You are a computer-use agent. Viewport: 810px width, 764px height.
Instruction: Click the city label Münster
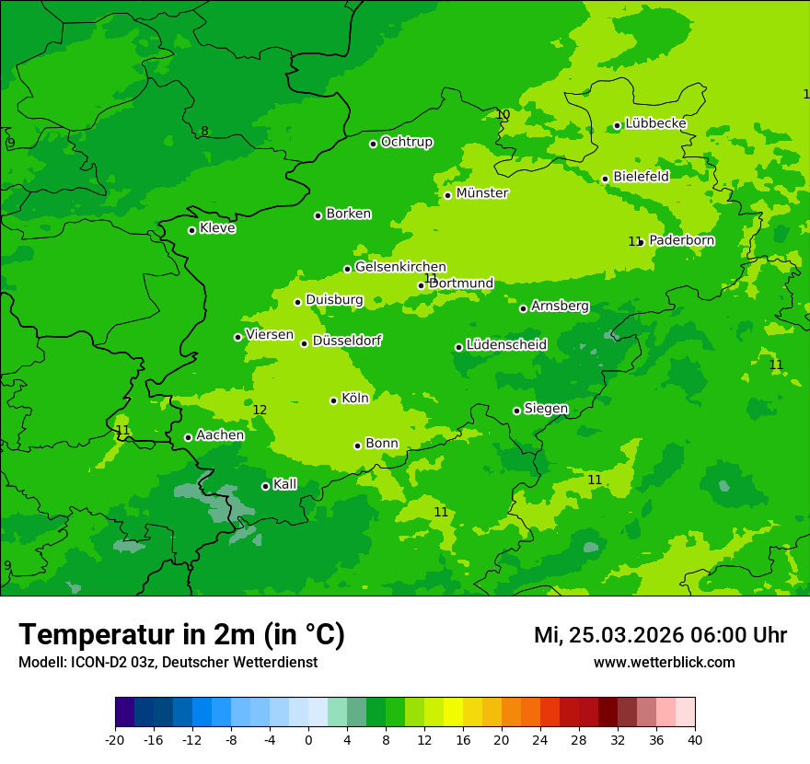[481, 193]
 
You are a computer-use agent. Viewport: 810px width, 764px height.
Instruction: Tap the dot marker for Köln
[334, 400]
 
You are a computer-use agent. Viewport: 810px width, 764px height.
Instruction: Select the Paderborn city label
[681, 240]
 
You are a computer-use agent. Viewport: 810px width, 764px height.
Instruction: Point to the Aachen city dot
[188, 437]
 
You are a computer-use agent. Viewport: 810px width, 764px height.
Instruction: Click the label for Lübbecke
[655, 123]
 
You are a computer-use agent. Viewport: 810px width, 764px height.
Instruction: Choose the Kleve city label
[217, 228]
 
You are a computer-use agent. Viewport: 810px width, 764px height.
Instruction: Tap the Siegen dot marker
[516, 411]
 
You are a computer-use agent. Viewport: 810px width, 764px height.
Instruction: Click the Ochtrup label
[406, 142]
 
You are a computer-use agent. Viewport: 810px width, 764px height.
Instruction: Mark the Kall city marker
[265, 486]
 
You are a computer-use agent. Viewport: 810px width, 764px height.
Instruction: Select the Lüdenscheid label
[506, 345]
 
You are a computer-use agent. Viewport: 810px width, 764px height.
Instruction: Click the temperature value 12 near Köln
[260, 410]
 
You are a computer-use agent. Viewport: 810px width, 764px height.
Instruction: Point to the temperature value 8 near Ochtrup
[204, 131]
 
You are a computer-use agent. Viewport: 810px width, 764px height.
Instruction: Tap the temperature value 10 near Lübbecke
[503, 114]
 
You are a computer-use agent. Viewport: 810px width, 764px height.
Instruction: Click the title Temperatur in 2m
[181, 635]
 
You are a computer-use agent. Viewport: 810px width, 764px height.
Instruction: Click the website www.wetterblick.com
[664, 663]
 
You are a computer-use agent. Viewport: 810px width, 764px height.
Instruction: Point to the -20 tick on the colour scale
[115, 740]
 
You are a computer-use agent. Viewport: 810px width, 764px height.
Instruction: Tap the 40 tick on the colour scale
[695, 740]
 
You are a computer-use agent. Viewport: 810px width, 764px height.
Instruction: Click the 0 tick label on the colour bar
[308, 740]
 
